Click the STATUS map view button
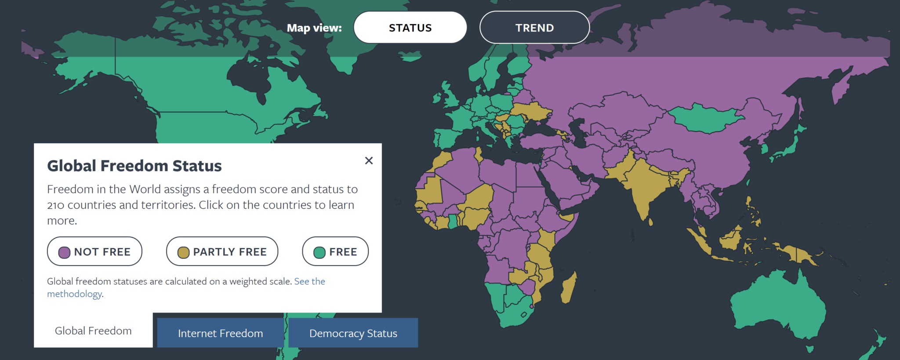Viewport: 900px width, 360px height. pos(410,28)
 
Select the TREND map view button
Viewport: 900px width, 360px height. pos(534,28)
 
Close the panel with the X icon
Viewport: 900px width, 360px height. pos(369,160)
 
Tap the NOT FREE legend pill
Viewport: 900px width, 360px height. pos(94,251)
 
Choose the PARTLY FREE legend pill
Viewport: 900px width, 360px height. pos(222,251)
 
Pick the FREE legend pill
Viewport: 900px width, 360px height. pos(335,251)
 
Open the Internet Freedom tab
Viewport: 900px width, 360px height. pos(220,333)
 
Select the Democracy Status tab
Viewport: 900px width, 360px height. pos(353,333)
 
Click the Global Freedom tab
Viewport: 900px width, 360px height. pos(93,331)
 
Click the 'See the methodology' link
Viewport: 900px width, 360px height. pos(309,281)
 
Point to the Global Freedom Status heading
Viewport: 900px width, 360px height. pos(134,166)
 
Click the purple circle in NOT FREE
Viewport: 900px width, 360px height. pos(65,252)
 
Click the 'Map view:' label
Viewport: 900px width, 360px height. pos(314,28)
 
